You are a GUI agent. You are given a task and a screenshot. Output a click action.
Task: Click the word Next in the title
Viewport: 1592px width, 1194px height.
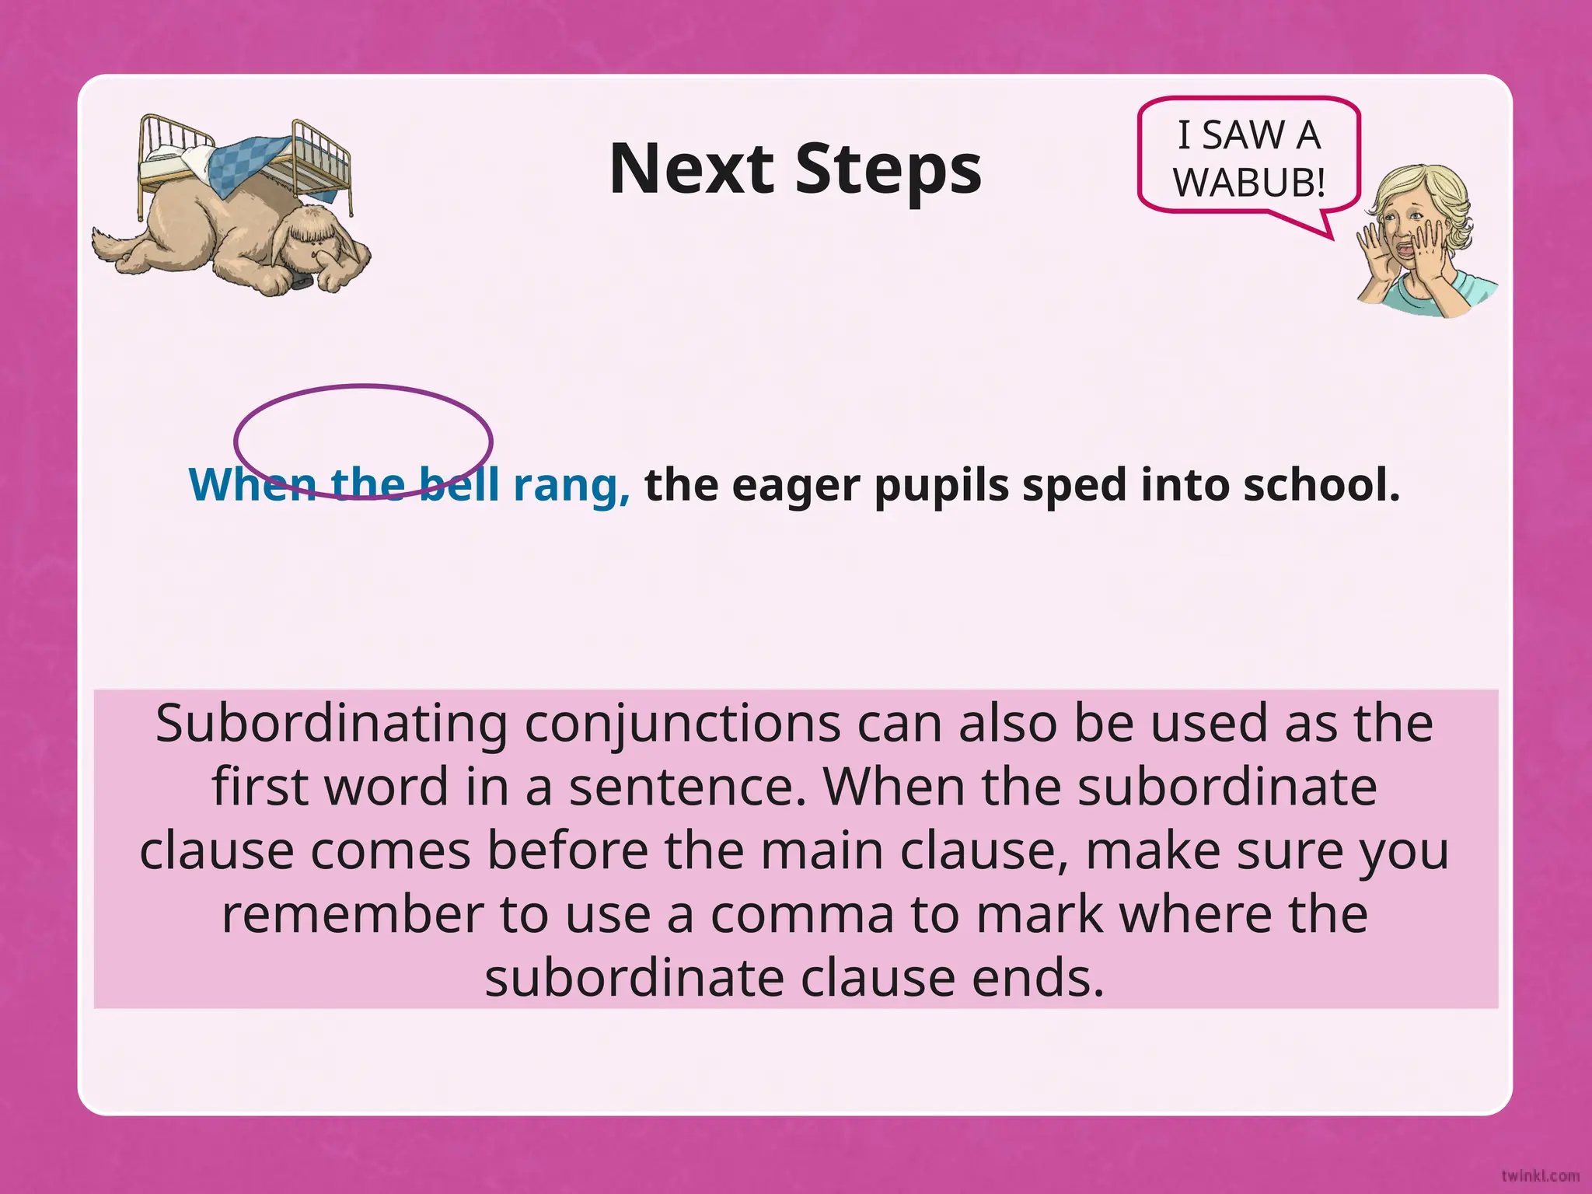click(x=691, y=169)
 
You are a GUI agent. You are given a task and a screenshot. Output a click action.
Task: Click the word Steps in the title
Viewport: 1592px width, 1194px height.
click(x=888, y=170)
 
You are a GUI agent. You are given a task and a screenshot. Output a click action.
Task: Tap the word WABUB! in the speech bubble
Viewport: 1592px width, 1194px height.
click(x=1248, y=183)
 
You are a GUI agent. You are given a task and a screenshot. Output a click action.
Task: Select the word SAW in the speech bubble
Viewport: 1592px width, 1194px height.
click(x=1243, y=135)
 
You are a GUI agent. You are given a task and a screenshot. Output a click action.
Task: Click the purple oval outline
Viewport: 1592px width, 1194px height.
click(x=362, y=386)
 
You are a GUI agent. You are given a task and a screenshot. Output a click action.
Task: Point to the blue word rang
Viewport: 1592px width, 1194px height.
click(x=571, y=485)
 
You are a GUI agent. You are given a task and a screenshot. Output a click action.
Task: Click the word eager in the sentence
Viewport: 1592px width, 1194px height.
click(x=795, y=487)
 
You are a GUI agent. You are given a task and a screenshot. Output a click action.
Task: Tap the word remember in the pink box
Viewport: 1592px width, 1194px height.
click(x=352, y=914)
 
